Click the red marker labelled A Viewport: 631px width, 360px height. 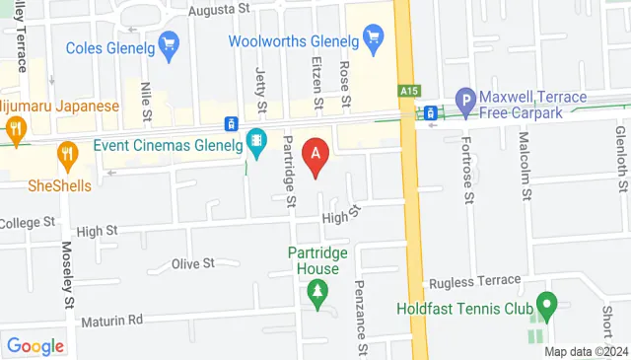click(x=315, y=154)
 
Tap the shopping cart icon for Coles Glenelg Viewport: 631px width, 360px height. click(x=169, y=44)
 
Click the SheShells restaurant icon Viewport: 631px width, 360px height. click(x=66, y=153)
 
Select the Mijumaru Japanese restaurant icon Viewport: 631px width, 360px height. click(x=16, y=128)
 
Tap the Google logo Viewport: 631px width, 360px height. click(x=35, y=345)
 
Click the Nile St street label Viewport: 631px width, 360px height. click(x=146, y=99)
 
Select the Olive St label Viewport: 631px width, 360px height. click(x=193, y=263)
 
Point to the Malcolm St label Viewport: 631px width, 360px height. click(x=525, y=164)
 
